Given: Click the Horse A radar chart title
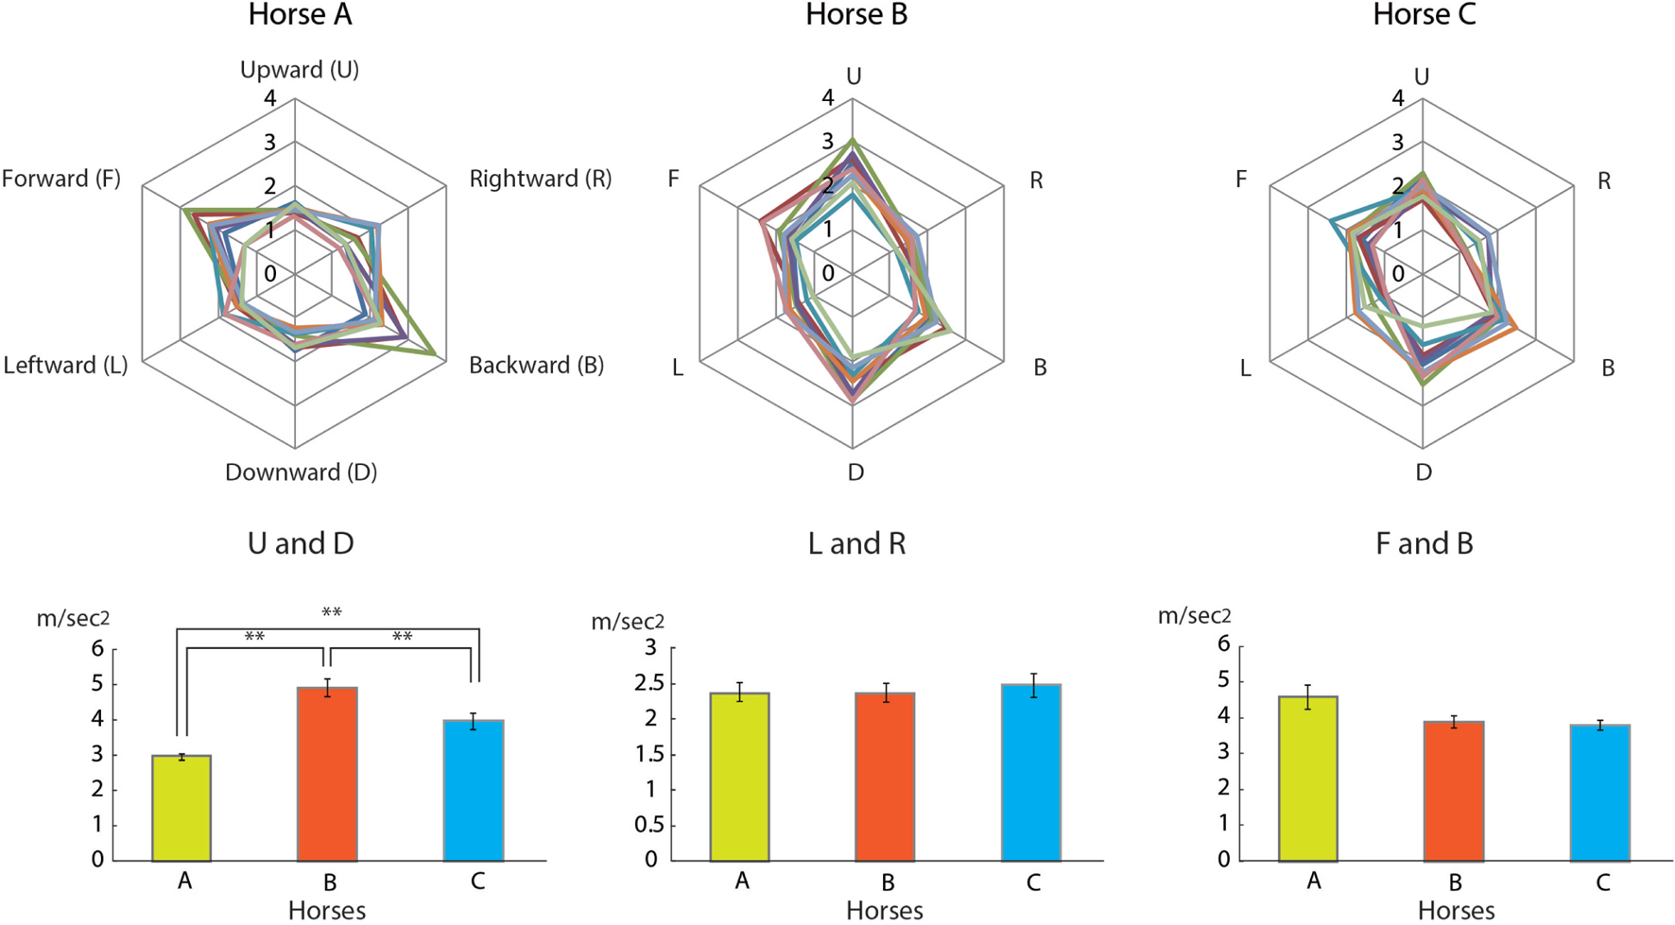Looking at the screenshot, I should [300, 15].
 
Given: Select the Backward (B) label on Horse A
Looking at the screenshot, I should [536, 366].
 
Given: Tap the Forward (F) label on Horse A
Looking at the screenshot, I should [61, 179].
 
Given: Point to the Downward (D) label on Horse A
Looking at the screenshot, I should [301, 472].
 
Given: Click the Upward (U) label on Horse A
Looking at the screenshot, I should [299, 70].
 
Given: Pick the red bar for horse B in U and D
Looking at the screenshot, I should [327, 774].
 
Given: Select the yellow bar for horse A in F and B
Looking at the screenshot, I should [1307, 779].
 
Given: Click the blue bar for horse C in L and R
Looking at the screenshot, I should [1031, 772].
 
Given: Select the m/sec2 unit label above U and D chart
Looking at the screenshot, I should [73, 619].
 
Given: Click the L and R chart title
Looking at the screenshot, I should [856, 543].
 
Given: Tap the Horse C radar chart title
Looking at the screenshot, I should [1424, 15].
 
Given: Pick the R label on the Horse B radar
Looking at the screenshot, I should [1036, 180].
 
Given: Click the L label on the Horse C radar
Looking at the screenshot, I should [1245, 368].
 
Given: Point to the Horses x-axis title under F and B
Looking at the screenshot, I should [1456, 911].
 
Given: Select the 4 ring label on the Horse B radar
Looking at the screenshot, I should [828, 97].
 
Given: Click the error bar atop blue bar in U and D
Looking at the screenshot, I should [473, 721].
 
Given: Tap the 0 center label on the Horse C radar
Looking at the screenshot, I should [1398, 274].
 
